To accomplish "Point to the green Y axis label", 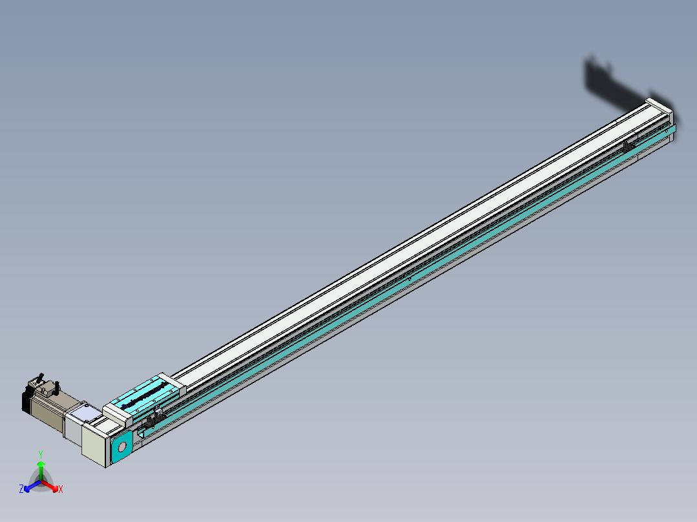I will point(41,454).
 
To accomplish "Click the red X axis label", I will point(61,490).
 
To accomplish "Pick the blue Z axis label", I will point(21,489).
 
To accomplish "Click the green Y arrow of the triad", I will point(41,469).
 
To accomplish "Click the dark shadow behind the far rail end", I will point(608,84).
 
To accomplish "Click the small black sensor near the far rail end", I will point(627,146).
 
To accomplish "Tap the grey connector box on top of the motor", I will point(46,389).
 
